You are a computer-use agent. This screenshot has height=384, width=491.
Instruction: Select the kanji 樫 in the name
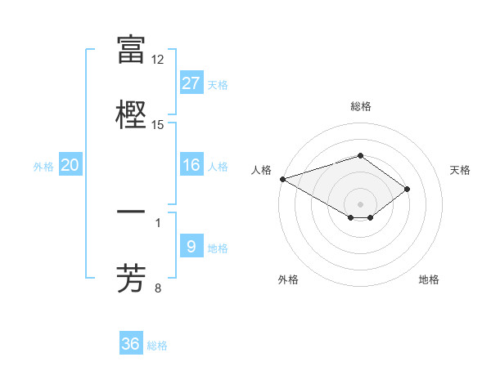[131, 114]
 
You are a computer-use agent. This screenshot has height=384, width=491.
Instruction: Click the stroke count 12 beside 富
[158, 60]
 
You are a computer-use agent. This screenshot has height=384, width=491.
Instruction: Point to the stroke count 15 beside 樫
[158, 124]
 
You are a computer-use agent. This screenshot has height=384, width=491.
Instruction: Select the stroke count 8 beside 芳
[158, 288]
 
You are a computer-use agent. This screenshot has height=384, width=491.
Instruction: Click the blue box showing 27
[191, 83]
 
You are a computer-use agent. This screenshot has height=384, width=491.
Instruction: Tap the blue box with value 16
[191, 165]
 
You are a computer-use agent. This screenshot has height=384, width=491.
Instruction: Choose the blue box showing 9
[191, 247]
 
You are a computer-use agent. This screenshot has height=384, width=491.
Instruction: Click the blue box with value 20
[70, 165]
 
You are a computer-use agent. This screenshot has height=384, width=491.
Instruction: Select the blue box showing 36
[131, 344]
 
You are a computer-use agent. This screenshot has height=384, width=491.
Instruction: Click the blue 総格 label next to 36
[157, 346]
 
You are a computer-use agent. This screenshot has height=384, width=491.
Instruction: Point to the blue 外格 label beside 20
[43, 167]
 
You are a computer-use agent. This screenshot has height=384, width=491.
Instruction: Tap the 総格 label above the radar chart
[360, 106]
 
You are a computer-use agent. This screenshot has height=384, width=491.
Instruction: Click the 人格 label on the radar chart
[261, 170]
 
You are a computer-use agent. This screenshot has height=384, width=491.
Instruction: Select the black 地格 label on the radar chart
[429, 279]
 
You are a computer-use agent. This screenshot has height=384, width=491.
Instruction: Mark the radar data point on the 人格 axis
[282, 179]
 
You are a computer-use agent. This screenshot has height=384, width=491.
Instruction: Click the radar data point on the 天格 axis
[407, 189]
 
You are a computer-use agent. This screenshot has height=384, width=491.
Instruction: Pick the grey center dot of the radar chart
[360, 203]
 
